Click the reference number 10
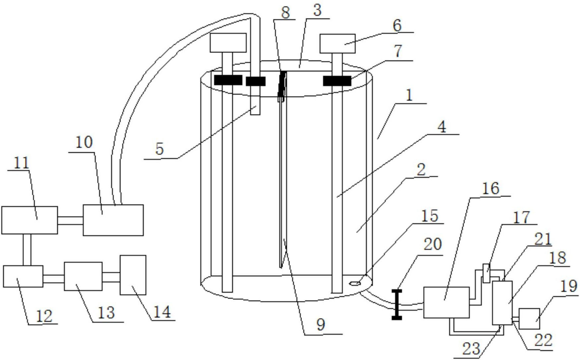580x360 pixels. click(x=84, y=142)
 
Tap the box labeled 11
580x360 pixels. click(x=29, y=220)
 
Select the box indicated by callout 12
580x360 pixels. click(x=23, y=276)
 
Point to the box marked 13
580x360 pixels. click(x=83, y=277)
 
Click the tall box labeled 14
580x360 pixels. click(x=133, y=275)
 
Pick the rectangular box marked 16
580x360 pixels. click(x=446, y=303)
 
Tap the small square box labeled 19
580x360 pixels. click(x=529, y=319)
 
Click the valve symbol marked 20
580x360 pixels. click(x=397, y=305)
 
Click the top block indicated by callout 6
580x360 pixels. click(x=337, y=43)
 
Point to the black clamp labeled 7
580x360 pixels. click(x=337, y=81)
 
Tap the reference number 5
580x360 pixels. click(x=160, y=149)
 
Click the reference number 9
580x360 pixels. click(x=320, y=325)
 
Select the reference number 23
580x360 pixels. click(x=471, y=349)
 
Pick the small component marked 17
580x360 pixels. click(x=486, y=273)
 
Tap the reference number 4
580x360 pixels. click(x=441, y=127)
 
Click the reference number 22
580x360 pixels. click(x=543, y=340)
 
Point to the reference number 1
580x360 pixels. click(x=409, y=96)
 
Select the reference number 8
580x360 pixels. click(x=285, y=13)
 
